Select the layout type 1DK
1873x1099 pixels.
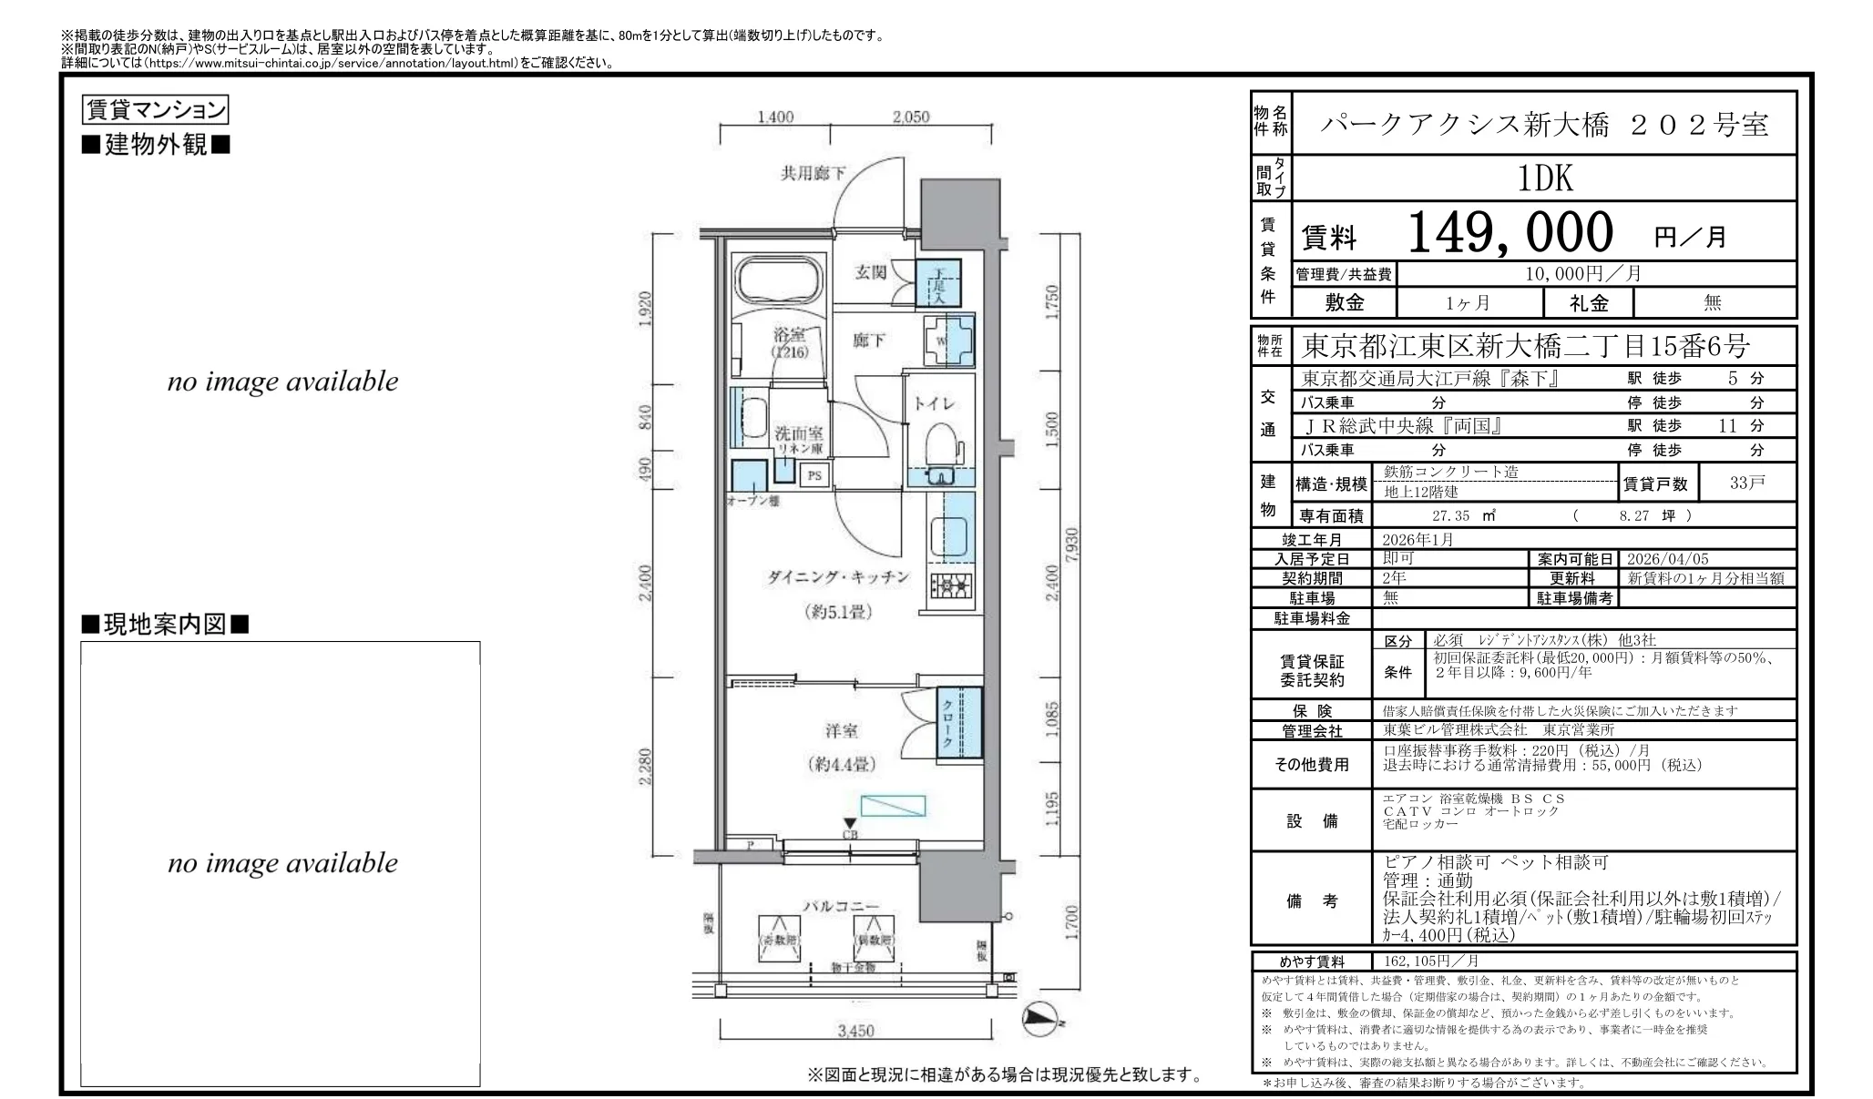[1545, 178]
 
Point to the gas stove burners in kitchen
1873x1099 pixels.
[950, 585]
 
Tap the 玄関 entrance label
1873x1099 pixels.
[871, 271]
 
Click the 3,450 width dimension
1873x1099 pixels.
[855, 1031]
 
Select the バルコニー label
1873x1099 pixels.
[840, 906]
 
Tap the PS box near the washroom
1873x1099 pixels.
[814, 475]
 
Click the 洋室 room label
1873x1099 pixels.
[841, 730]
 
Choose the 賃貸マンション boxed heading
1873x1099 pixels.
[155, 110]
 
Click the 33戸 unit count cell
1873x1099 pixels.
[1746, 483]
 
